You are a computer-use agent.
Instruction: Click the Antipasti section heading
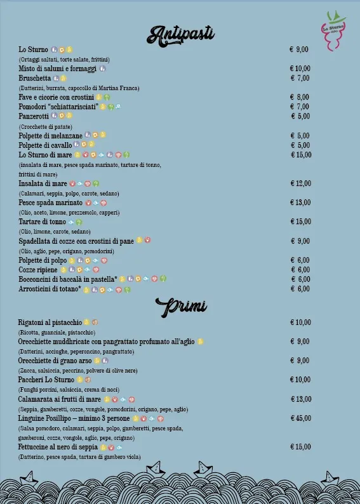point(180,34)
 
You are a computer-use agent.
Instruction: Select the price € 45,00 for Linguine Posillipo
point(300,418)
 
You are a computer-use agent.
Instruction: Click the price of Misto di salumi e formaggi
point(300,69)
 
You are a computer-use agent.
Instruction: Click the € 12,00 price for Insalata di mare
point(300,183)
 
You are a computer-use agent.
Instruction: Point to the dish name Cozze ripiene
point(39,270)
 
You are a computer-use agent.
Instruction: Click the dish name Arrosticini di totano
point(50,289)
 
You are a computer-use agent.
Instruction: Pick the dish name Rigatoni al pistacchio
point(50,322)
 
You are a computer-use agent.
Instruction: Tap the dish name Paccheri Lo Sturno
point(47,380)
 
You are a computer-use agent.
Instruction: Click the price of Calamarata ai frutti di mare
point(300,399)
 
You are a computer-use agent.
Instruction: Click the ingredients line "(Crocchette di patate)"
point(43,126)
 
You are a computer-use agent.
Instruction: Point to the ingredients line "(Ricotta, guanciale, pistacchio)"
point(56,332)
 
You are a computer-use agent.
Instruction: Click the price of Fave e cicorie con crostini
point(300,97)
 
